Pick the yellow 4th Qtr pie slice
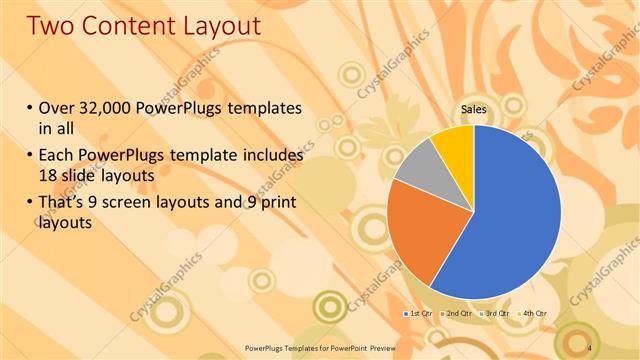click(x=455, y=145)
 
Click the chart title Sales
click(x=474, y=110)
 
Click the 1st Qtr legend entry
click(x=418, y=314)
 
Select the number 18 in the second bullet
click(x=48, y=175)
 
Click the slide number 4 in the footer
click(x=591, y=347)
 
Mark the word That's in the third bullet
click(x=66, y=205)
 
